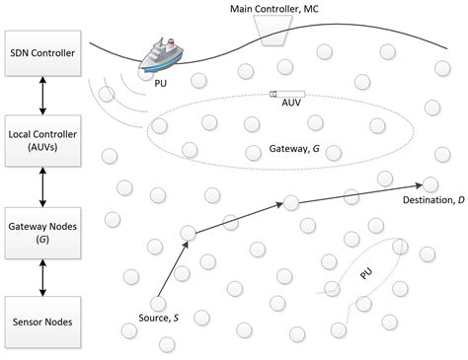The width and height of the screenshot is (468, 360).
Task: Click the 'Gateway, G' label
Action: (293, 152)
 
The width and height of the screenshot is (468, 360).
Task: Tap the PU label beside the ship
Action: (162, 84)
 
